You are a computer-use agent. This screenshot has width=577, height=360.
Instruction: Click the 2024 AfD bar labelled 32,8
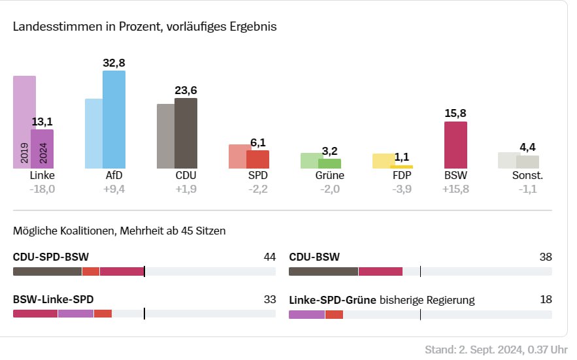click(x=114, y=120)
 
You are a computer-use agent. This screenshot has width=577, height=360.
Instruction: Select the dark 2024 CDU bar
click(x=186, y=133)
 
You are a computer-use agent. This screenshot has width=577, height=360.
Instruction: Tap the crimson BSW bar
click(x=455, y=145)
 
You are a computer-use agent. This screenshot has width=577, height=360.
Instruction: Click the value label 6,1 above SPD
click(x=258, y=142)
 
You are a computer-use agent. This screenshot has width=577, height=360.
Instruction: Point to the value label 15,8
click(x=455, y=114)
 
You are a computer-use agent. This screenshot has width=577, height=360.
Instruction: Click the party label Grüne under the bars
click(x=329, y=176)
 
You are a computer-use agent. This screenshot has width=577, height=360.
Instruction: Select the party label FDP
click(x=402, y=176)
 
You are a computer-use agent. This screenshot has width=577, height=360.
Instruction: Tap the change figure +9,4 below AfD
click(x=114, y=189)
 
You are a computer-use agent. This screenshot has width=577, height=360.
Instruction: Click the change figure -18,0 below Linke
click(x=42, y=189)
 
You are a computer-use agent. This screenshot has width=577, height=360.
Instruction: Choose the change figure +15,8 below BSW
click(x=455, y=189)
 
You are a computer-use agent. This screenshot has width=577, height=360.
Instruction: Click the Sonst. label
click(x=527, y=176)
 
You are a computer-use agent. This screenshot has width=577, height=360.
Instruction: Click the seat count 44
click(x=269, y=257)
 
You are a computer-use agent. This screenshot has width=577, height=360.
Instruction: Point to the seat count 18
click(x=546, y=300)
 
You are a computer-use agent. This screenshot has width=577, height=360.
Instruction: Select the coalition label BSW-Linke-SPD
click(x=53, y=300)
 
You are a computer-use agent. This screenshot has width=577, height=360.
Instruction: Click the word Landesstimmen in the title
click(x=48, y=27)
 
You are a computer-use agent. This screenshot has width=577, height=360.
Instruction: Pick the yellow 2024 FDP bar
click(x=401, y=167)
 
